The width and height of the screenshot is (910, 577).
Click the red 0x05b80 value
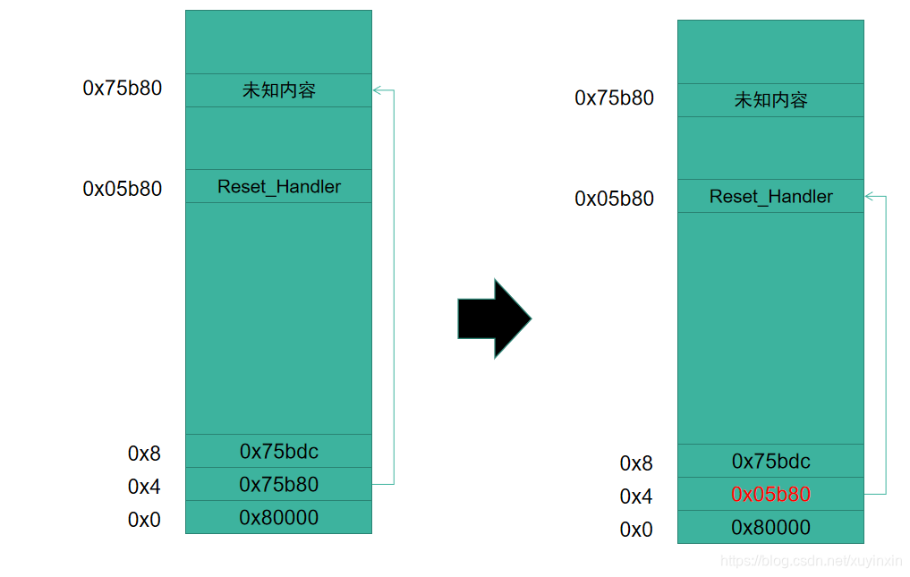coord(770,494)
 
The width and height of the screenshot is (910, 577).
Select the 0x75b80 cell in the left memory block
coord(278,484)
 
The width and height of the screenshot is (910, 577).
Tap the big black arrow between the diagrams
coord(495,318)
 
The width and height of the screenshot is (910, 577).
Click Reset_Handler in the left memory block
coord(278,186)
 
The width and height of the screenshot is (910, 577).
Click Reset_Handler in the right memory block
coord(770,196)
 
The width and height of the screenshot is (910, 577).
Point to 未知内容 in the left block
coord(278,90)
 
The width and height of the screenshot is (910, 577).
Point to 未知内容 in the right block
coord(770,100)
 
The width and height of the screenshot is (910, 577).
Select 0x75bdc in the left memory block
coord(278,451)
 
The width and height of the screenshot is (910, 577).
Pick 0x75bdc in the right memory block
coord(770,461)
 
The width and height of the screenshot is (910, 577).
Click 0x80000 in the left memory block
coord(278,517)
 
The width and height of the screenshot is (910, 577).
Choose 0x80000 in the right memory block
coord(770,527)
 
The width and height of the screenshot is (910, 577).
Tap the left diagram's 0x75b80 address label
coord(122,88)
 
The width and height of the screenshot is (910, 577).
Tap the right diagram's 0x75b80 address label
coord(614,98)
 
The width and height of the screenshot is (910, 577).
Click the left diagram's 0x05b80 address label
coord(122,189)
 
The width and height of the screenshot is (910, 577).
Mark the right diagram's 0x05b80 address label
coord(614,199)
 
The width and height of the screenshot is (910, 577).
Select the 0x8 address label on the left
coord(144,454)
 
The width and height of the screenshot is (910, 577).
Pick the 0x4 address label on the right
coord(636,496)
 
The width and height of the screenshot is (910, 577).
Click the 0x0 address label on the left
coord(144,520)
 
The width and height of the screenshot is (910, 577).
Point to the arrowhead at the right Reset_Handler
coord(869,196)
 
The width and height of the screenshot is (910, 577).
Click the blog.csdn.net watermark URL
coord(811,561)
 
